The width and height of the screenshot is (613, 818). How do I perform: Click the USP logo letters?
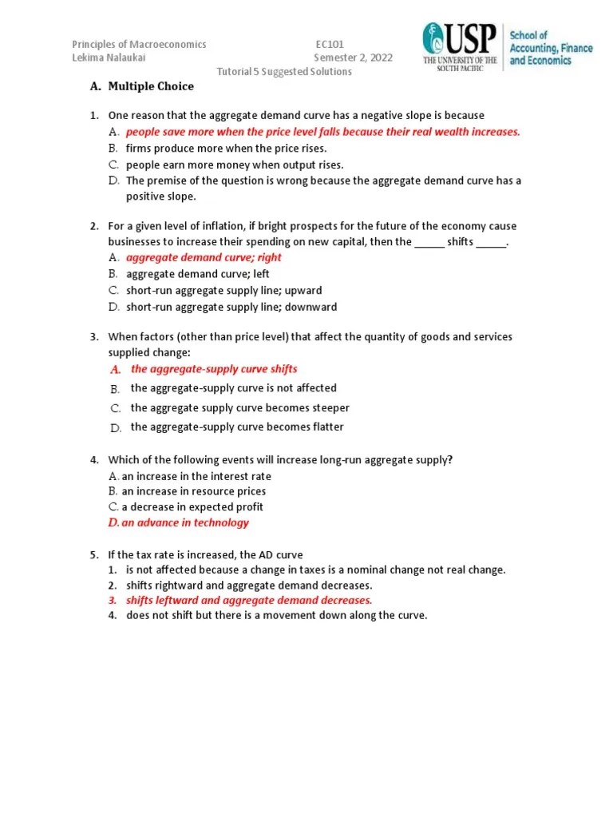(471, 39)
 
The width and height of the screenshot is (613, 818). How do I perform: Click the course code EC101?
(330, 45)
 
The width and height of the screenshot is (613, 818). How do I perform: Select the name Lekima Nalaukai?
(109, 58)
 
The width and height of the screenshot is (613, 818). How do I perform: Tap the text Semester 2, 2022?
(353, 58)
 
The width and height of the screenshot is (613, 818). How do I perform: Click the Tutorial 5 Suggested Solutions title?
(285, 71)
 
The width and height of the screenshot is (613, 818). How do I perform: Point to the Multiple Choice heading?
(151, 86)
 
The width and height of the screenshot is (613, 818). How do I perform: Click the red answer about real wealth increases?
(322, 132)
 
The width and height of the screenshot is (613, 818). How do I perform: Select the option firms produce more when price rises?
(226, 148)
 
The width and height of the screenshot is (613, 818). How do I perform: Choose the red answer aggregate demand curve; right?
(204, 257)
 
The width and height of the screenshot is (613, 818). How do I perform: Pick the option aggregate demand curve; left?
(197, 274)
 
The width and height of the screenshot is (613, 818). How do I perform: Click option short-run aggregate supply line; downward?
(231, 307)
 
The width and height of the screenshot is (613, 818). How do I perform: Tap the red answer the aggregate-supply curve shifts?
(214, 369)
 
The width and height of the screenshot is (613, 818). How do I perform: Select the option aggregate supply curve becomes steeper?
(239, 407)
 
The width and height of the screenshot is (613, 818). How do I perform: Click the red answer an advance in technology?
(184, 522)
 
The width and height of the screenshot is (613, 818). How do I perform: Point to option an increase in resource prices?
(193, 491)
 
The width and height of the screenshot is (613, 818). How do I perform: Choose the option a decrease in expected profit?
(192, 506)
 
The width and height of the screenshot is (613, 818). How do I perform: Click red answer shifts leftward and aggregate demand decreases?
(248, 600)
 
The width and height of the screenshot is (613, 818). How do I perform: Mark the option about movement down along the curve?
(276, 615)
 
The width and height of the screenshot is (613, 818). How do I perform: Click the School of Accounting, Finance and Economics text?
(551, 48)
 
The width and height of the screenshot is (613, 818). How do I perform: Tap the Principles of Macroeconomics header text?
(140, 45)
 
